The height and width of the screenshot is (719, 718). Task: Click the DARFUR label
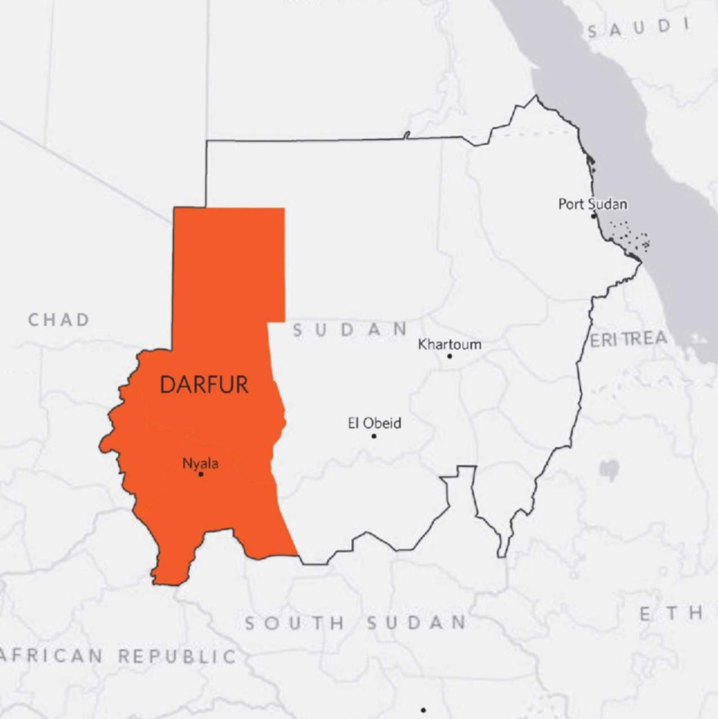click(x=204, y=384)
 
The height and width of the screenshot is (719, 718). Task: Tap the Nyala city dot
click(x=200, y=474)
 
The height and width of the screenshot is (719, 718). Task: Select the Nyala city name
click(x=200, y=464)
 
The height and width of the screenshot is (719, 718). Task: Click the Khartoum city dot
click(x=449, y=356)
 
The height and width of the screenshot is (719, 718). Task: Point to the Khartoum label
click(x=449, y=344)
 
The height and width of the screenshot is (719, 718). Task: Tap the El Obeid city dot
click(x=374, y=436)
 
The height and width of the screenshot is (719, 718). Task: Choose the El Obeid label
click(x=374, y=423)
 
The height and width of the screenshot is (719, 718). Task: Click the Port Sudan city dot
click(x=593, y=216)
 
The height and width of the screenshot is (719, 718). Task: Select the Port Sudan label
click(x=592, y=203)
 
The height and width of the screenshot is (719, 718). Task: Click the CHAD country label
click(x=59, y=320)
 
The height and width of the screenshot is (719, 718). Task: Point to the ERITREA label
click(x=628, y=339)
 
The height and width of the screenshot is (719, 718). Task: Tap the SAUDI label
click(x=639, y=28)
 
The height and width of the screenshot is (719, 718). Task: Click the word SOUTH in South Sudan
click(x=295, y=623)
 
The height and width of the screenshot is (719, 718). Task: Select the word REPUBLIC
click(x=177, y=656)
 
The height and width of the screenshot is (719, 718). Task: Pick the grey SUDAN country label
click(x=350, y=330)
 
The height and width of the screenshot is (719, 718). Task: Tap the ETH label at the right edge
click(x=671, y=613)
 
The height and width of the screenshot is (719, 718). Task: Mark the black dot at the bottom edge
click(x=423, y=710)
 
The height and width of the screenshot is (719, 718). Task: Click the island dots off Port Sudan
click(x=630, y=236)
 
